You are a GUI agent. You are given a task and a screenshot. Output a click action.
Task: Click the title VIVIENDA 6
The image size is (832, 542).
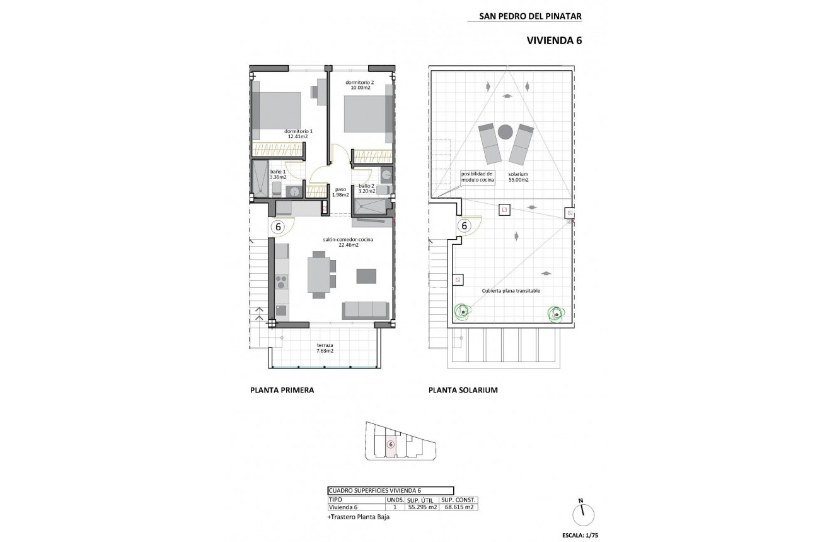(553, 40)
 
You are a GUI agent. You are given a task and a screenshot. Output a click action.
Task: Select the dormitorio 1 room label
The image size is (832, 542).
(298, 133)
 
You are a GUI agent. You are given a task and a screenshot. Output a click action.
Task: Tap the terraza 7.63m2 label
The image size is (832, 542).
(325, 348)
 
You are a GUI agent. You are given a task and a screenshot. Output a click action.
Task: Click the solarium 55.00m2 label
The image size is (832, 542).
(519, 177)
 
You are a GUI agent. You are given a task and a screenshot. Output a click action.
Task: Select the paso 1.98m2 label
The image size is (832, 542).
(340, 191)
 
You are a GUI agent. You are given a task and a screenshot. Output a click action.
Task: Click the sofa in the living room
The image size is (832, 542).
(364, 309)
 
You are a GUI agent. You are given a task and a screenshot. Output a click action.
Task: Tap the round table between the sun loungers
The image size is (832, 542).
(505, 132)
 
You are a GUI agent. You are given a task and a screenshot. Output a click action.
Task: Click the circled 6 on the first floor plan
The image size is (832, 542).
(278, 226)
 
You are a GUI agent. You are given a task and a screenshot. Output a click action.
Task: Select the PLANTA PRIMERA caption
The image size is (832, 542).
(282, 390)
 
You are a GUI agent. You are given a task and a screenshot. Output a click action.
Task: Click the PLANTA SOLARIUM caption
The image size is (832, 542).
(463, 390)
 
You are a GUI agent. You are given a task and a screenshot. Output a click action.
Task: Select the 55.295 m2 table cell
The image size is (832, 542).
(422, 507)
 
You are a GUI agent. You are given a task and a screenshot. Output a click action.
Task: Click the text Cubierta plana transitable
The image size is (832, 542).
(511, 291)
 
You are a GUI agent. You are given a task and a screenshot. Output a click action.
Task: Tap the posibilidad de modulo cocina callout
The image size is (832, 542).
(478, 177)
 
